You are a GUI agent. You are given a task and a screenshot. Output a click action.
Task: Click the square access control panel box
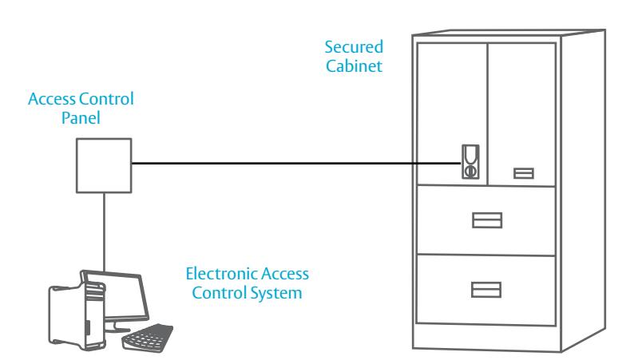coord(104,165)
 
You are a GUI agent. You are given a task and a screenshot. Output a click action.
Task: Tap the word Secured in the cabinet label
coord(354,47)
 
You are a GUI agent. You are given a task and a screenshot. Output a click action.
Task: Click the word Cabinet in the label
coord(354,66)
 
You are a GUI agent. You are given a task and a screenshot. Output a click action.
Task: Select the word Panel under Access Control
coord(81,118)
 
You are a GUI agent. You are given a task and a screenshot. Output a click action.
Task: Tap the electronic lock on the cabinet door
coord(470,161)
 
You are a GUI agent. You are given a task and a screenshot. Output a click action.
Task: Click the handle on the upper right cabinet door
coord(524,173)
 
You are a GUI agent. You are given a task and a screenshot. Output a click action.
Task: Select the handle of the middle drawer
coord(487,220)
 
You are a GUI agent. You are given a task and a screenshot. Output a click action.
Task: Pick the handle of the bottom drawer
coord(486,290)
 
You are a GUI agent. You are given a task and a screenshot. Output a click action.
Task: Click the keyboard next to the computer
coord(148,337)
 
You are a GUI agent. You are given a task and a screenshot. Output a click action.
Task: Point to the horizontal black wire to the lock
coord(296,164)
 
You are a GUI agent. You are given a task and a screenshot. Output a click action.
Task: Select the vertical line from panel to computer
coord(104,231)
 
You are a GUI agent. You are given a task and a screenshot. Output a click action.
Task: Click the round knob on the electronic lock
coord(471,171)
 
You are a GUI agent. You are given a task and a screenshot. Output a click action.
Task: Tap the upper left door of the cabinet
coord(452,114)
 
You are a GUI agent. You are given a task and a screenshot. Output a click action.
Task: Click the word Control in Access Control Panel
coord(107,99)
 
